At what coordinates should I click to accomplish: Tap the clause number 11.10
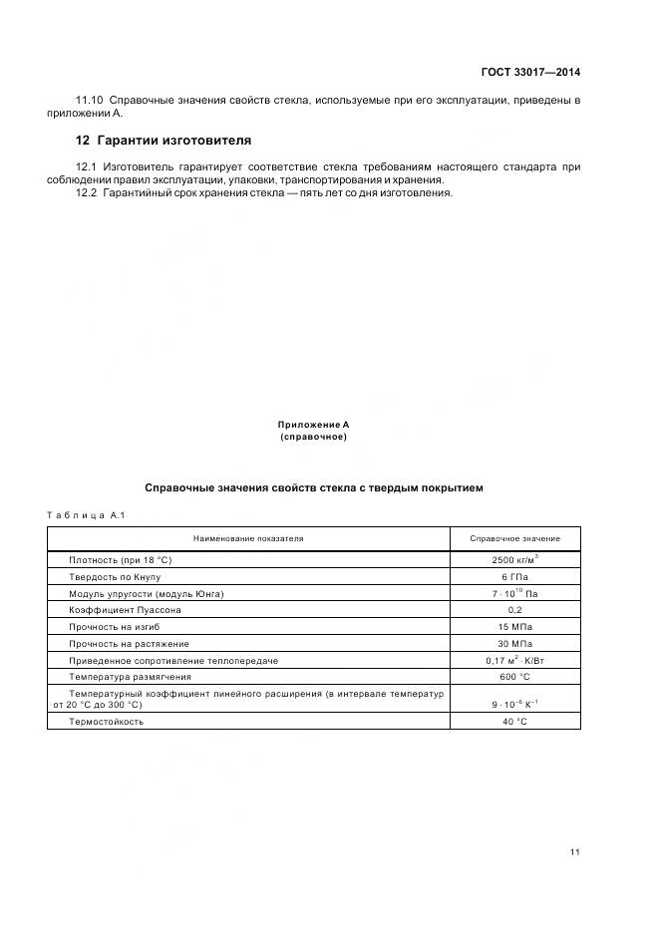click(x=90, y=102)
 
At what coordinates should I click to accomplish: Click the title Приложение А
click(x=314, y=425)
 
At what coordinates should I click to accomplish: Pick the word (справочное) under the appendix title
click(x=314, y=437)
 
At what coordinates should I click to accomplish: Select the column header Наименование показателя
click(x=248, y=538)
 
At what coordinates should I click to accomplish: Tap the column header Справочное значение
click(x=514, y=538)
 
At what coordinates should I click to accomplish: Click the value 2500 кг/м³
click(x=514, y=560)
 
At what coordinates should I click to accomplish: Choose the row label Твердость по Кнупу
click(x=114, y=577)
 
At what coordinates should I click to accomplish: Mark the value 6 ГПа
click(x=514, y=577)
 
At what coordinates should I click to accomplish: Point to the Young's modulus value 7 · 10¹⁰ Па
click(x=514, y=593)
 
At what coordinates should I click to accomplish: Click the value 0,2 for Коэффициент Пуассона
click(x=514, y=610)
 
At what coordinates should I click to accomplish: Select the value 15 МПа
click(x=514, y=627)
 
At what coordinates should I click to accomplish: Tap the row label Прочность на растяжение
click(x=129, y=644)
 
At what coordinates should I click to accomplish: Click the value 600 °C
click(x=514, y=677)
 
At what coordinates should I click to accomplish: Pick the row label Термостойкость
click(x=106, y=721)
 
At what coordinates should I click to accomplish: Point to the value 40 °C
click(x=514, y=721)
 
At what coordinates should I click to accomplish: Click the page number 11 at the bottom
click(x=574, y=852)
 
